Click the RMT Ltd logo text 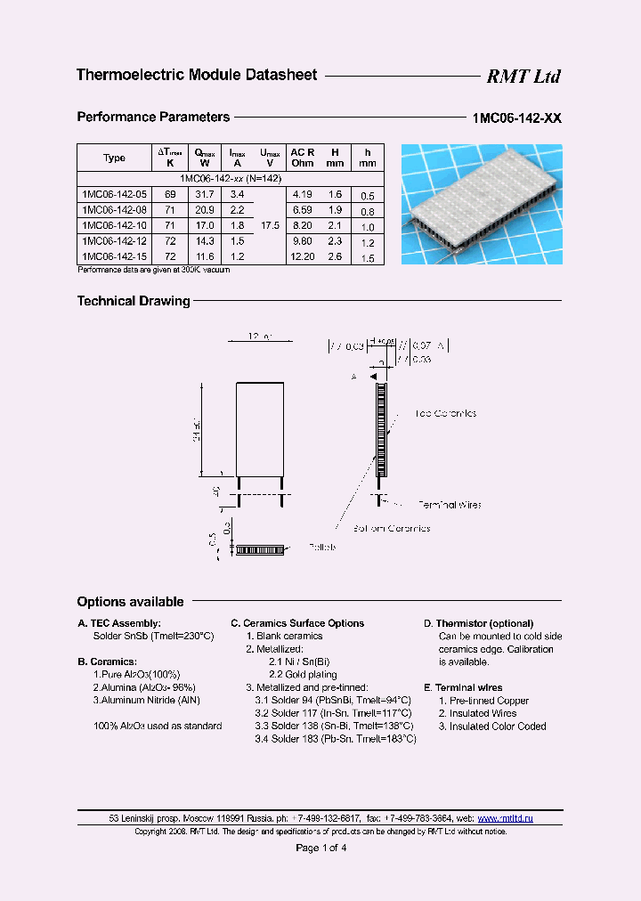[x=523, y=77]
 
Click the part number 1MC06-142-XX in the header [x=516, y=118]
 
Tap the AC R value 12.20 [x=302, y=257]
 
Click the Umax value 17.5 [x=271, y=225]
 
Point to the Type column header [x=114, y=158]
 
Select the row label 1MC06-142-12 [x=115, y=241]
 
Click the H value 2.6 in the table [x=335, y=257]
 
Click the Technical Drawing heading [x=134, y=301]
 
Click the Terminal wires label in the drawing [x=449, y=505]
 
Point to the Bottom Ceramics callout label [x=391, y=529]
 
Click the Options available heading [x=130, y=602]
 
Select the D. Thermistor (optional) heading [x=478, y=623]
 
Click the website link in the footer [x=505, y=817]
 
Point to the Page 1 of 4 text [x=320, y=848]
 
